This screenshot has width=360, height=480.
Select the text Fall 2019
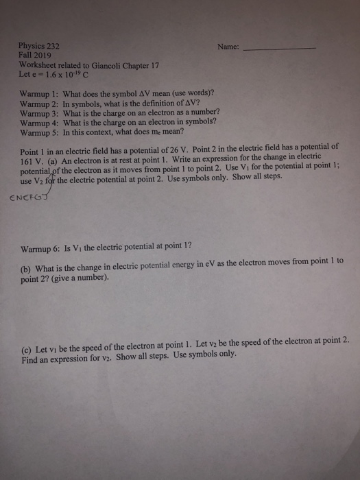[34, 54]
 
